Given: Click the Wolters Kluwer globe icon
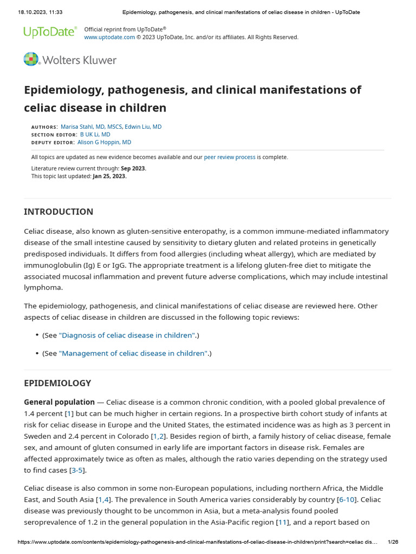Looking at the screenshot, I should [31, 60].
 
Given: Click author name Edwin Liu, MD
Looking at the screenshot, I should [143, 127].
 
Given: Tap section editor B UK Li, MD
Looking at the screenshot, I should [95, 134].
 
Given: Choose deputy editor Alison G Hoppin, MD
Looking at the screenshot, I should [104, 142].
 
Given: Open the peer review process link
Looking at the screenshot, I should [230, 157].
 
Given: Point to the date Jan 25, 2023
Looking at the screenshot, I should [109, 176].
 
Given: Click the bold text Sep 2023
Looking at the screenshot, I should [133, 168].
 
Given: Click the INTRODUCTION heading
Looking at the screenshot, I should [58, 212].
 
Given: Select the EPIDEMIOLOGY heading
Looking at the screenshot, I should [57, 383].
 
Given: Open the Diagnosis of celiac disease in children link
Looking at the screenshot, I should [127, 335].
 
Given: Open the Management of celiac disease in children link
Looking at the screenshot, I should [133, 353].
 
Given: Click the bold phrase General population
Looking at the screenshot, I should [59, 402].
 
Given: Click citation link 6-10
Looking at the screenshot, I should [345, 499].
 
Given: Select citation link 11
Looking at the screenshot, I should [282, 522].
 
